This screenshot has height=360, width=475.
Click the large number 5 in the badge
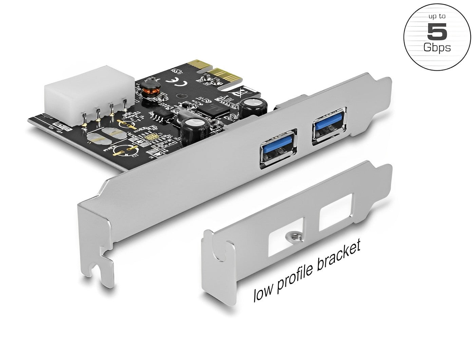(x=437, y=32)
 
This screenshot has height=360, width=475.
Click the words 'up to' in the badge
(x=437, y=16)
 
